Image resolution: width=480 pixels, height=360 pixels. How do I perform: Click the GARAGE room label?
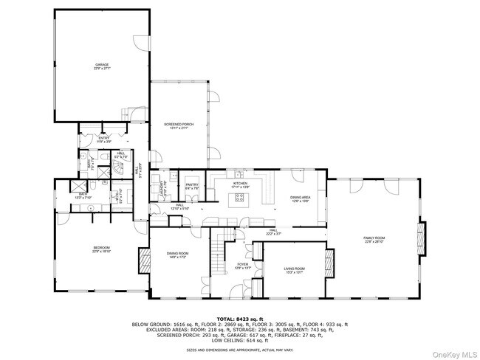pos(101,65)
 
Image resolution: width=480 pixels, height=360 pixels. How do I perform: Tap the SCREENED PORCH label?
pos(179,125)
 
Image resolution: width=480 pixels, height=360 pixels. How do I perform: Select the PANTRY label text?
pos(192,184)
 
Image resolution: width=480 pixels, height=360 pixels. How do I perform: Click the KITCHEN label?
pos(241,183)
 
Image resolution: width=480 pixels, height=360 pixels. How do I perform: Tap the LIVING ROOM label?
pos(295,269)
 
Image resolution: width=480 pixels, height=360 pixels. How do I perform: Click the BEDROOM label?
pos(101,247)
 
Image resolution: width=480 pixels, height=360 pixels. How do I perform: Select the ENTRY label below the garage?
pos(103,138)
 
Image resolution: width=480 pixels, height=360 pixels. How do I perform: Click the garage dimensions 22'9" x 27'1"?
pos(101,69)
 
